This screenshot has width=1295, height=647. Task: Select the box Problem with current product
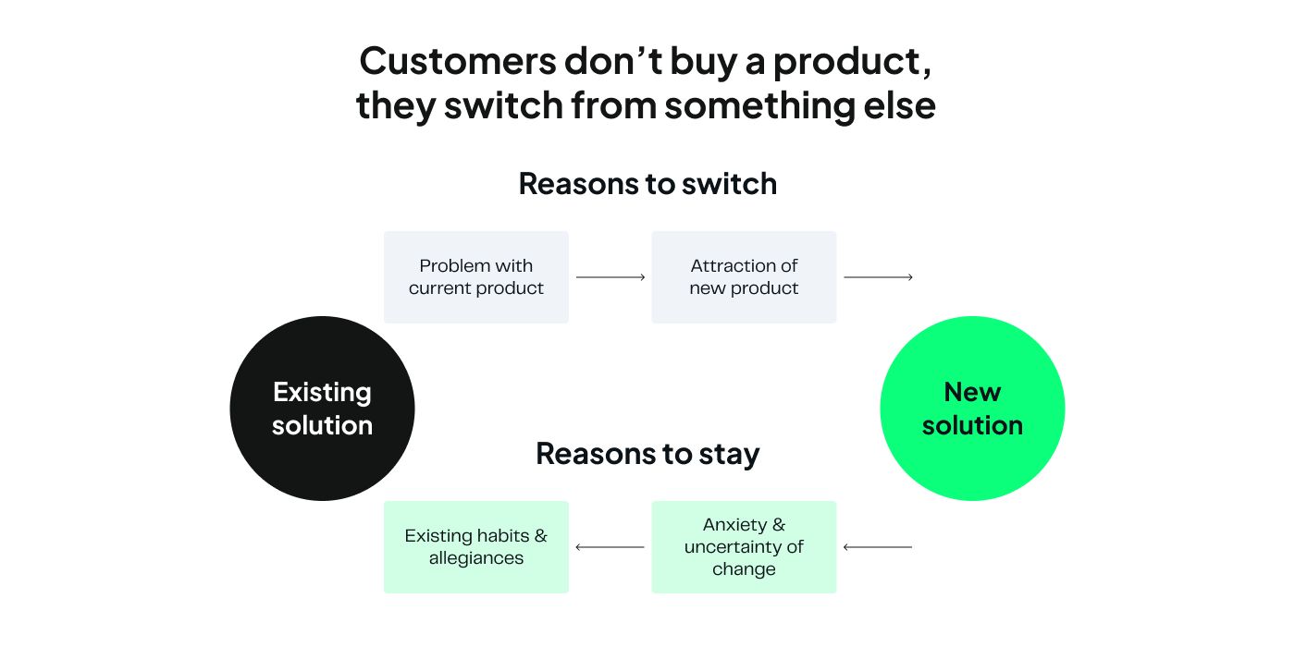point(475,277)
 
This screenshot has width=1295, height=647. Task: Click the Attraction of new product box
point(744,277)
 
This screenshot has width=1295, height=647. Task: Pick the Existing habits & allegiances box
point(475,547)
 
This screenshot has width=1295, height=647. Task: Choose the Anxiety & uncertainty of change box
point(744,547)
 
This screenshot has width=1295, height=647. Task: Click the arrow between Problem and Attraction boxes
point(610,277)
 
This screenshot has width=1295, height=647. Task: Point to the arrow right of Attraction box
point(878,277)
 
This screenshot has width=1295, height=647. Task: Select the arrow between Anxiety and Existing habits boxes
point(610,547)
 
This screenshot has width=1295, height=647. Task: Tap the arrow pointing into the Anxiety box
point(878,547)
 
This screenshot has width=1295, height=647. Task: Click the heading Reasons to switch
point(647,184)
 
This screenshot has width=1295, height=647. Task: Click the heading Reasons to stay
point(647,454)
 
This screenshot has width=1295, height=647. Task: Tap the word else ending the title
point(902,105)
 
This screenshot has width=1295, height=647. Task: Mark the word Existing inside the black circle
point(322,392)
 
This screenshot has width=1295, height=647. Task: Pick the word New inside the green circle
point(972,392)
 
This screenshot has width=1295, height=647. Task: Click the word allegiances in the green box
point(475,558)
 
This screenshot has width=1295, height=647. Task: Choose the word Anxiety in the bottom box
point(735,525)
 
